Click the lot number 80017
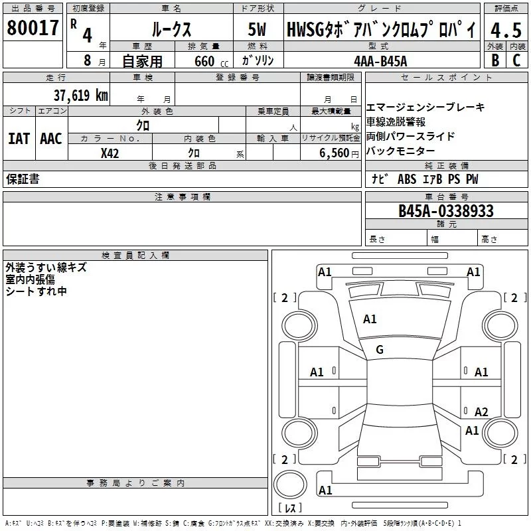[33, 29]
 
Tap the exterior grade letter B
[494, 60]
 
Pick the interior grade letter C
[516, 60]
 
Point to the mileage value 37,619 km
[81, 95]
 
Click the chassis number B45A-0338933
[445, 211]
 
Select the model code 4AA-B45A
[380, 60]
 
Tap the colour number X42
[110, 153]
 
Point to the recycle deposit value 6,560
[335, 153]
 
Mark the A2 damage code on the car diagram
[481, 412]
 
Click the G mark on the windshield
[380, 350]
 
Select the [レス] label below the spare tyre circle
[290, 508]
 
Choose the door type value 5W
[257, 30]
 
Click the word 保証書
[23, 179]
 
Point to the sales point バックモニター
[401, 151]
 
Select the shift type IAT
[19, 139]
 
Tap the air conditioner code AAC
[51, 139]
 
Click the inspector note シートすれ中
[37, 291]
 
